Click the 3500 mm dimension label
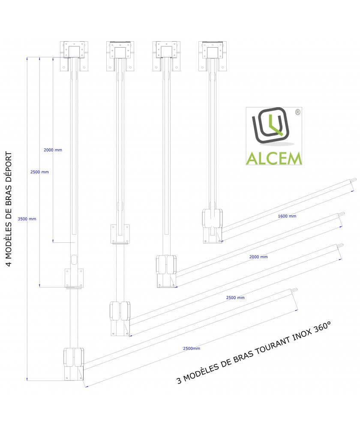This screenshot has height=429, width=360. (x=27, y=219)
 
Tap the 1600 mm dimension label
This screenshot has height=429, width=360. (x=287, y=216)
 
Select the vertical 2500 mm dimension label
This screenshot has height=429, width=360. (x=39, y=172)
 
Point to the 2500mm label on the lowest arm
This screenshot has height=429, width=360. (x=191, y=348)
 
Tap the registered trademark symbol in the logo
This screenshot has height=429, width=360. (x=298, y=112)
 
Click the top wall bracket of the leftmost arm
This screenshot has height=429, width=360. (x=74, y=56)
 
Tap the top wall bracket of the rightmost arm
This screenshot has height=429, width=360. (x=213, y=56)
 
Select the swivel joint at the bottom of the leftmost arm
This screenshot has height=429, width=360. (x=74, y=364)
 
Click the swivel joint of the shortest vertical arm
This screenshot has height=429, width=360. (x=213, y=226)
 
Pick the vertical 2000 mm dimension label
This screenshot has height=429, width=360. (x=53, y=150)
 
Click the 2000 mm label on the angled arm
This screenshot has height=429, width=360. (x=258, y=257)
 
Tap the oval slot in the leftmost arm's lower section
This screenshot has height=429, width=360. (x=74, y=260)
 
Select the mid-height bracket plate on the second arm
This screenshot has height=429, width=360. (x=120, y=234)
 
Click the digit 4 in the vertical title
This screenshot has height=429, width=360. (x=9, y=263)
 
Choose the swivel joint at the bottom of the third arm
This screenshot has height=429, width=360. (x=166, y=271)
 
